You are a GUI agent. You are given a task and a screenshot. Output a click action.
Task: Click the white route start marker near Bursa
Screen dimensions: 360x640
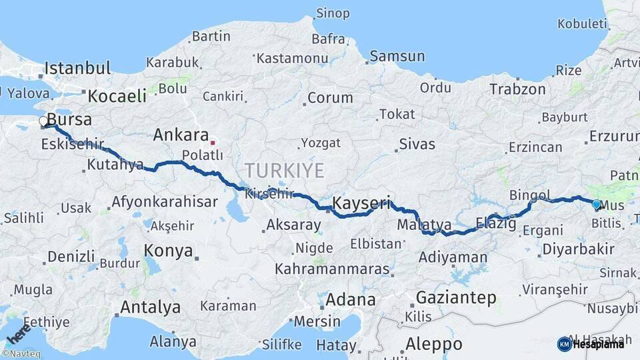[43, 121]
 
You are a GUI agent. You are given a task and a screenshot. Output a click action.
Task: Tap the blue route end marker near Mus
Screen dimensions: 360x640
[596, 205]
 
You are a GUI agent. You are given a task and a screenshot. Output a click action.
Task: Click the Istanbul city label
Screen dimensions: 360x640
[77, 68]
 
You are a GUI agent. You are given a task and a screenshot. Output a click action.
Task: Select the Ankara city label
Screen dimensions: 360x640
[181, 135]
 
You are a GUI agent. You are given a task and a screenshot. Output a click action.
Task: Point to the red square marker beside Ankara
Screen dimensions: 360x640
[213, 141]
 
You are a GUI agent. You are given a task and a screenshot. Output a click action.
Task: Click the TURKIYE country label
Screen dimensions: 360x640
[284, 171]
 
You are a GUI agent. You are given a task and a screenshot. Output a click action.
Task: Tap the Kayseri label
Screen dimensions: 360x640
[360, 204]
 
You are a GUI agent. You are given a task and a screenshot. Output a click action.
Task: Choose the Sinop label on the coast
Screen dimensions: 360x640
[332, 13]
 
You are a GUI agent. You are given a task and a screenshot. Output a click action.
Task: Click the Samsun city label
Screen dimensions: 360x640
[397, 57]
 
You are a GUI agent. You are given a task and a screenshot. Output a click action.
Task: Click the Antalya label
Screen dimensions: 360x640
[150, 307]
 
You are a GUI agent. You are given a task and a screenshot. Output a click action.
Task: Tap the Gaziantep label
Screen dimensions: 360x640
[456, 297]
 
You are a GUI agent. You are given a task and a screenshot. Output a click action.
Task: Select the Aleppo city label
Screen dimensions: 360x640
[433, 344]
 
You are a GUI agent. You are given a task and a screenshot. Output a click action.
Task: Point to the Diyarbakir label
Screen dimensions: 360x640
[578, 249]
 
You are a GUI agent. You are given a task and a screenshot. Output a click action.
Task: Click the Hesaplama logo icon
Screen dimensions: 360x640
[564, 344]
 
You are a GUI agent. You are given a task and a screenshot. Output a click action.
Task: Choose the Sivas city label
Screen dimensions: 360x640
[417, 143]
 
